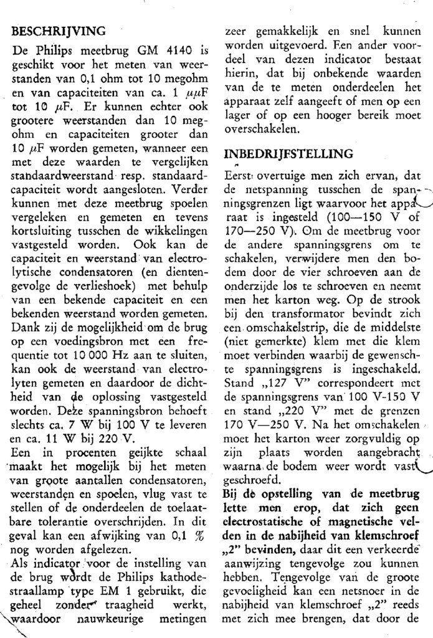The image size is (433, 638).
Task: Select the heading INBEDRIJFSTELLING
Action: click(288, 154)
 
